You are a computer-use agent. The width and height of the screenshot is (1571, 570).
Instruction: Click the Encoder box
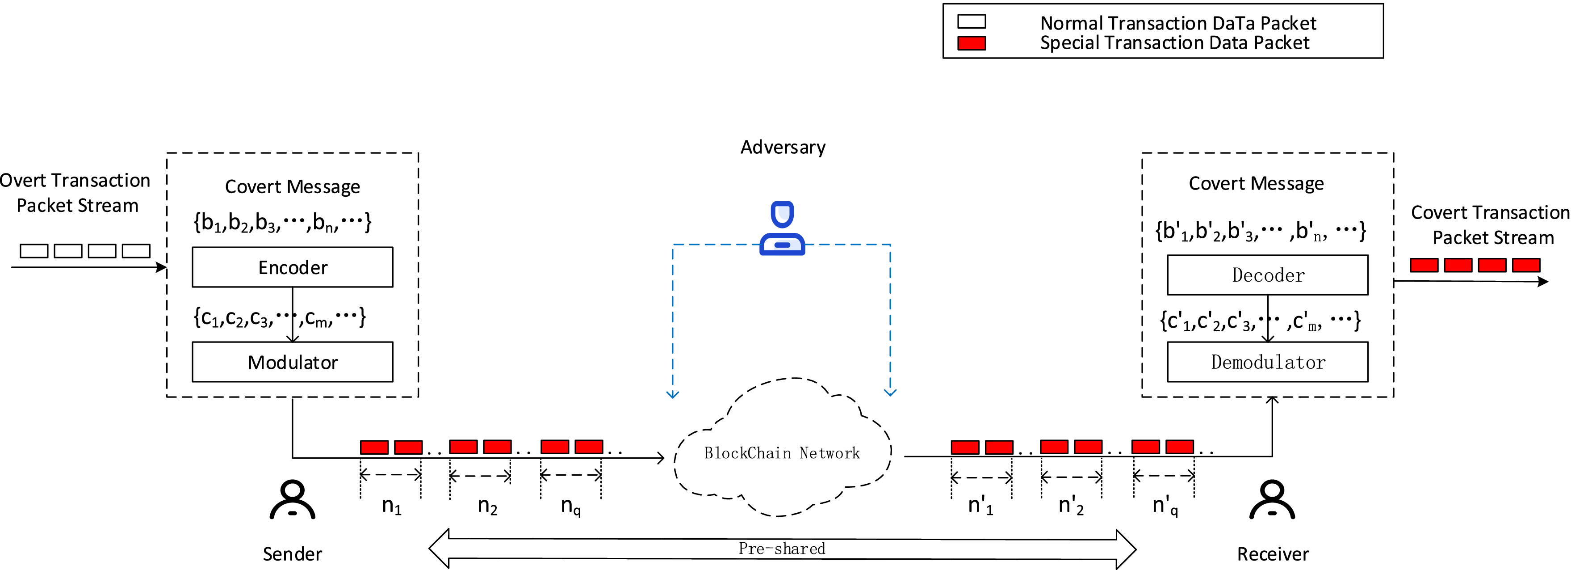coord(292,267)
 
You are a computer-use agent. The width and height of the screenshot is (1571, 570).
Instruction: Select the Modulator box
coord(292,362)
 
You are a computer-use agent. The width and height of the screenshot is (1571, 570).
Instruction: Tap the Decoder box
coord(1267,275)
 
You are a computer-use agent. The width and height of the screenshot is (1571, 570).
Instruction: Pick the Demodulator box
coord(1267,362)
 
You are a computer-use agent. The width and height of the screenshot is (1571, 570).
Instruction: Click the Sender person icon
coord(292,500)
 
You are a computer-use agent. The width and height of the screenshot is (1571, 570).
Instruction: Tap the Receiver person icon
coord(1272,500)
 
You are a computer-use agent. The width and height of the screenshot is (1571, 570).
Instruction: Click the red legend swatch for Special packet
coord(972,43)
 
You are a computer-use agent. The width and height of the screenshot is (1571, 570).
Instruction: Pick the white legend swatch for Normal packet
coord(972,22)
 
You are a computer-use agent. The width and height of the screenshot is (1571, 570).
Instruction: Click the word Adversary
coord(783,147)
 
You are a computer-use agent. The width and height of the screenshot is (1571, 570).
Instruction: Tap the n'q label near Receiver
coord(1165,506)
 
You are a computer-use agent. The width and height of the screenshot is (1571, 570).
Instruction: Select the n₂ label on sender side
coord(487,506)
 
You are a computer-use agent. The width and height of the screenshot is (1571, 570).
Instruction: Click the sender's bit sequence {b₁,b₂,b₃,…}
coord(282,222)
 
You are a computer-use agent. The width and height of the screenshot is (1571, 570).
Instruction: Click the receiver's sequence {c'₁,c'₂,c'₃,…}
coord(1259,321)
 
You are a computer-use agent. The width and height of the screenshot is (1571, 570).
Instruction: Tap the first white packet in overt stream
coord(34,251)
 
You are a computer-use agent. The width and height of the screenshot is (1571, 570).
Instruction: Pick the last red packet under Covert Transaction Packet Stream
coord(1526,265)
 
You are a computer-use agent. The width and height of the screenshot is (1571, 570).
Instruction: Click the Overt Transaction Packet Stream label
coord(75,193)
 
